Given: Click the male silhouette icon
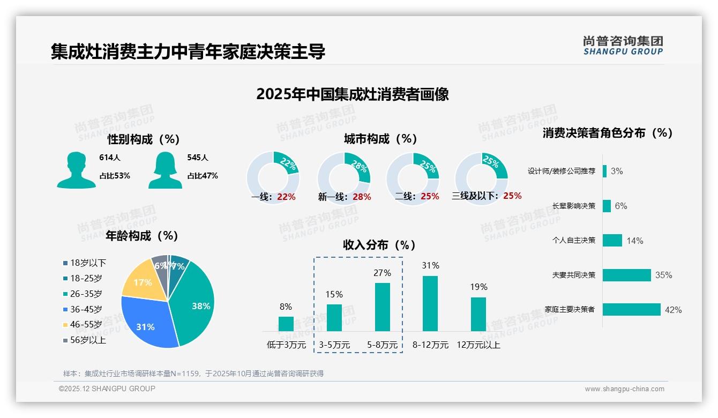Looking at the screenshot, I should pos(76,170).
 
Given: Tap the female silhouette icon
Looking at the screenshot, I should pos(165,170).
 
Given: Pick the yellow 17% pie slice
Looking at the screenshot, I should pos(141,281).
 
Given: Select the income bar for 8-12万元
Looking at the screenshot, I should pos(430,303).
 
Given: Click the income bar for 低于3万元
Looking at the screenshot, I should pos(286,324).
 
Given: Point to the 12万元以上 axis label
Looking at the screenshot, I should pos(478,345).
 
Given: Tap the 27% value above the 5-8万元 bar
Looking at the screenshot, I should pos(382,273).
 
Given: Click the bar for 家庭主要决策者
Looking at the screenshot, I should pos(631,310).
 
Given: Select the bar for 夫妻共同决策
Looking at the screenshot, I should pos(626,275).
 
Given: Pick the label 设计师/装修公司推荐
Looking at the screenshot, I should pos(561,171).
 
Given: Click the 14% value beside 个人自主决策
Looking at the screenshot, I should pos(634,241).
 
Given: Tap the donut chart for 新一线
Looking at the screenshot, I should pos(344,175).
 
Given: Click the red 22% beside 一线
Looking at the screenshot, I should pos(286,197).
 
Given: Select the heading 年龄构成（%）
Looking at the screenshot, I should pos(142,236).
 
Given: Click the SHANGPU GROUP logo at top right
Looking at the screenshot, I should pos(623,46).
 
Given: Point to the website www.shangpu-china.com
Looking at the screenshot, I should pos(624,389).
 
